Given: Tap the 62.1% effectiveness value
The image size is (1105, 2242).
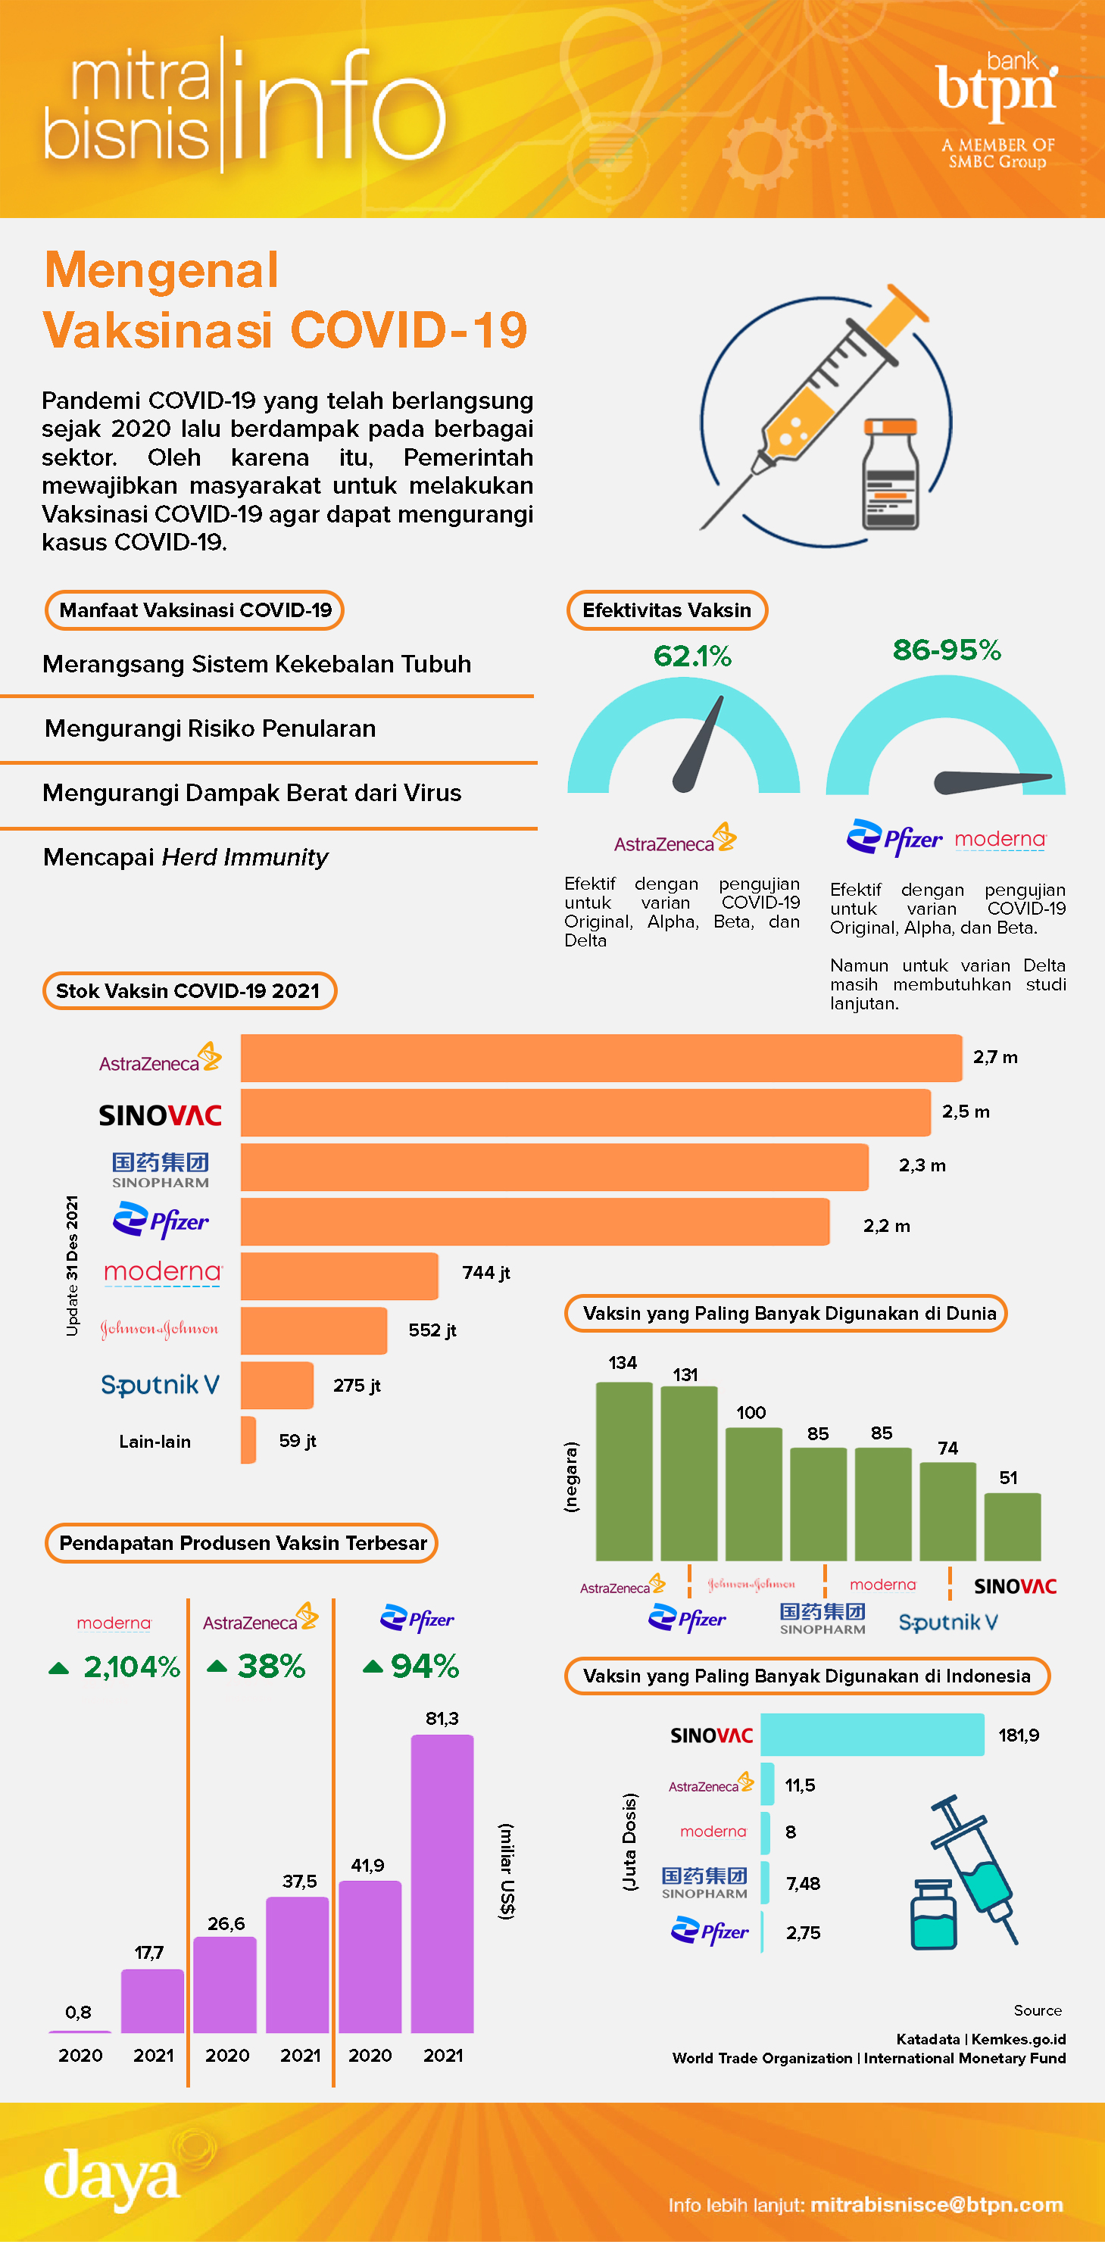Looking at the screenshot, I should [x=692, y=656].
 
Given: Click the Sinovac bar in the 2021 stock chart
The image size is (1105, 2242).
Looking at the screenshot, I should [x=585, y=1112].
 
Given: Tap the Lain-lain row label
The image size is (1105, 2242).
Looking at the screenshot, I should [x=155, y=1442].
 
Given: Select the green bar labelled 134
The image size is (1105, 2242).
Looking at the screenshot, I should [x=623, y=1471].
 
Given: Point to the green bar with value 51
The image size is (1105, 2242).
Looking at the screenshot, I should [x=1012, y=1526].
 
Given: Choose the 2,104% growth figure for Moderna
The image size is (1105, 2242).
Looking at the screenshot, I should [x=130, y=1667].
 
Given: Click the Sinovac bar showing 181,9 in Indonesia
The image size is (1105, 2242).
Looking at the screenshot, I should [x=872, y=1735].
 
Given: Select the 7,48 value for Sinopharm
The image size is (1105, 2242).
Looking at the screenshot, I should [x=803, y=1883].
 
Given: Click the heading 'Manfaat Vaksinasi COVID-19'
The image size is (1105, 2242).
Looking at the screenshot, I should [x=195, y=610].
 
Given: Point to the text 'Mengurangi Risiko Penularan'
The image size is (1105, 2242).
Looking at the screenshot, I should [x=210, y=728].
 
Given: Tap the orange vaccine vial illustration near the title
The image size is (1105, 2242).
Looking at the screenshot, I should [x=890, y=473].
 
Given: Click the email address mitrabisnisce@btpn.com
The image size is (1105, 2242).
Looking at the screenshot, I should [x=936, y=2205].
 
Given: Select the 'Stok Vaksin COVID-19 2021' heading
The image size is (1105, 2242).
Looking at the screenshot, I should [x=189, y=990].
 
